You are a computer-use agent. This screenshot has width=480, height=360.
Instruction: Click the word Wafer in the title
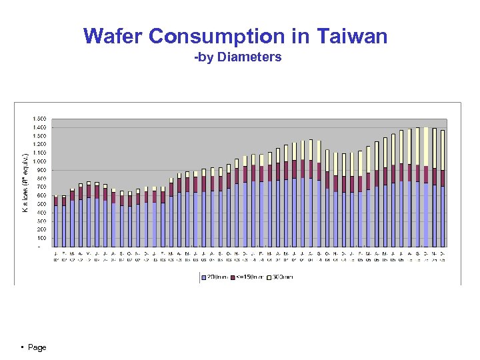113,36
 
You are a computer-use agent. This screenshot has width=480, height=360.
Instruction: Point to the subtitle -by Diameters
238,57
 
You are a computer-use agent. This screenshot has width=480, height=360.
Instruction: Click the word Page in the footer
37,347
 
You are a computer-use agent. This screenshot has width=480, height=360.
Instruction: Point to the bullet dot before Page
23,347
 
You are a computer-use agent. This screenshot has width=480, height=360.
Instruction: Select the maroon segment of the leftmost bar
56,201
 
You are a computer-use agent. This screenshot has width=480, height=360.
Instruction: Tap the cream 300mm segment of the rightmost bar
443,150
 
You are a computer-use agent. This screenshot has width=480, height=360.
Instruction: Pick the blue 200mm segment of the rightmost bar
443,217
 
